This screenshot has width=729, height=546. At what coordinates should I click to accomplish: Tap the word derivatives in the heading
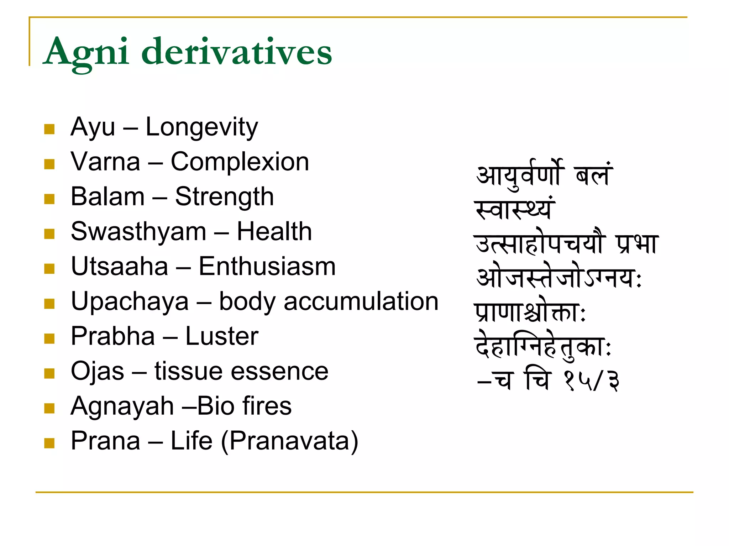[237, 52]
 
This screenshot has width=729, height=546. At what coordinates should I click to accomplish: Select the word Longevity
[201, 127]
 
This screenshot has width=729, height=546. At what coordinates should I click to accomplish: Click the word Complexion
[240, 162]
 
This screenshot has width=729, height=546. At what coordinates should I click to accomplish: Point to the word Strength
[224, 197]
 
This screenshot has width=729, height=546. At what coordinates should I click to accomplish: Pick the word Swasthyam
[138, 232]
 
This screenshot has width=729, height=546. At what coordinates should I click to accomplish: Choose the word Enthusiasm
[267, 267]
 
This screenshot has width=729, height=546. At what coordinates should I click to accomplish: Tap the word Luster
[222, 336]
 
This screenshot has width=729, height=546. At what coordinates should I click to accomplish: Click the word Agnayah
[122, 406]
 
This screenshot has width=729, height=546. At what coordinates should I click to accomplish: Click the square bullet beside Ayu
[49, 129]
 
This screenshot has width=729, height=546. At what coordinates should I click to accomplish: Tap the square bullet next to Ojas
[49, 373]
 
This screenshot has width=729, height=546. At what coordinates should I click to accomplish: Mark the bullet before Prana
[49, 443]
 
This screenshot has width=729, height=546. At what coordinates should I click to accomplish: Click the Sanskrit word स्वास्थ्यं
[515, 209]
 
